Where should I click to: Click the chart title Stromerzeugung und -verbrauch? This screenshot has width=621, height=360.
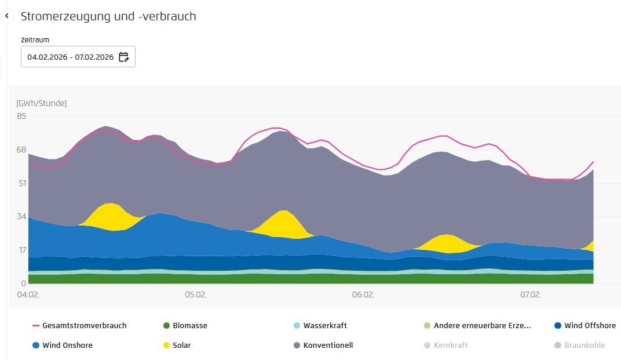point(108,16)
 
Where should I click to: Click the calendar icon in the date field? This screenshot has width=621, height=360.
point(123,57)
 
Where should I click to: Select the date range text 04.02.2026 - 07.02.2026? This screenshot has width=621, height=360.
point(70,57)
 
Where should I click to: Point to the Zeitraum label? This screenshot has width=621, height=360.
point(35,40)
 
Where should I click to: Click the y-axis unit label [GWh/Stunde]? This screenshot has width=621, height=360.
point(41,103)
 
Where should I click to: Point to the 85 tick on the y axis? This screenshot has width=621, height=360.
point(21,116)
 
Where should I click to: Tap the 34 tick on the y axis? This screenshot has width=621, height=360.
point(21,216)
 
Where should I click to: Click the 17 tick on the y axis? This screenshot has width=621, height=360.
point(21,250)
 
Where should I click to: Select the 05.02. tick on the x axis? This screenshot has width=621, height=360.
point(196,294)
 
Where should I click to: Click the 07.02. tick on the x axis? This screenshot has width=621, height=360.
point(531,294)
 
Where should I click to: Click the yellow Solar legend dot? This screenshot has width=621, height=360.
point(167,346)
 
